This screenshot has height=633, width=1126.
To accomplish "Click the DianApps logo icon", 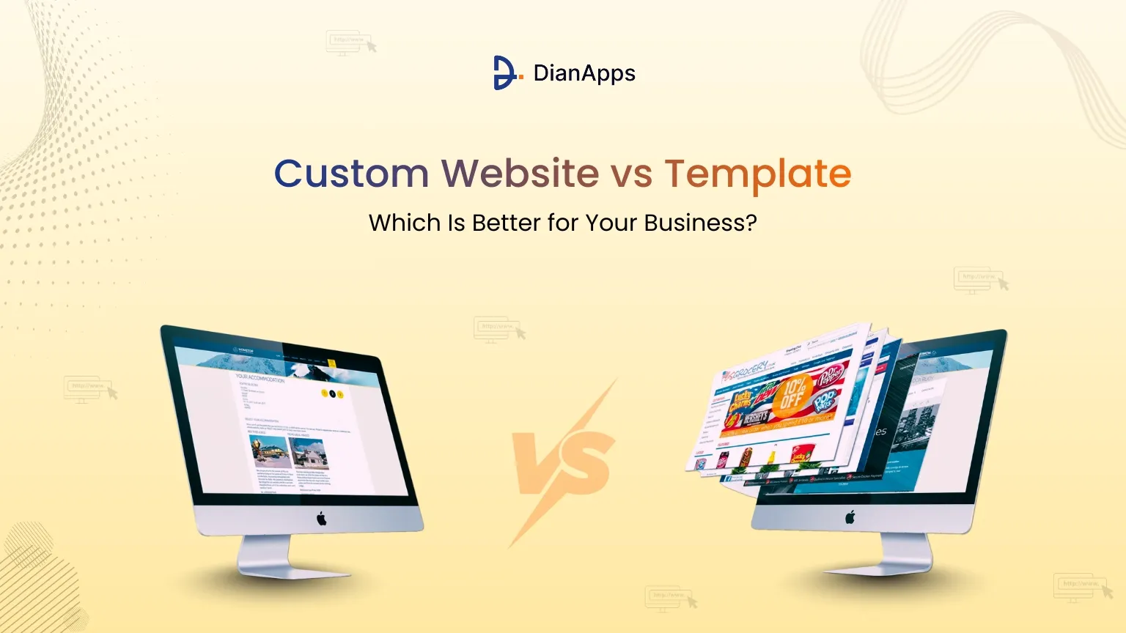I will tap(507, 73).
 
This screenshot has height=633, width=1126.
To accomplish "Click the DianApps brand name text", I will tap(584, 73).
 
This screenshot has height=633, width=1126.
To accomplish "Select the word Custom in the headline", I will tap(351, 174).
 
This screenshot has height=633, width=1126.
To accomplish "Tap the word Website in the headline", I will tap(520, 174).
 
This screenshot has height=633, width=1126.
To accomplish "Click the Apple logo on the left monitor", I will tap(321, 519).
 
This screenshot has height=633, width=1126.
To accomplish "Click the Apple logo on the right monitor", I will tap(850, 517).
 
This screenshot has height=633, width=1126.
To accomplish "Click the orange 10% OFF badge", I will tap(794, 395).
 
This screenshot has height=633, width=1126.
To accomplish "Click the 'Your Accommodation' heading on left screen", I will tap(260, 378).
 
